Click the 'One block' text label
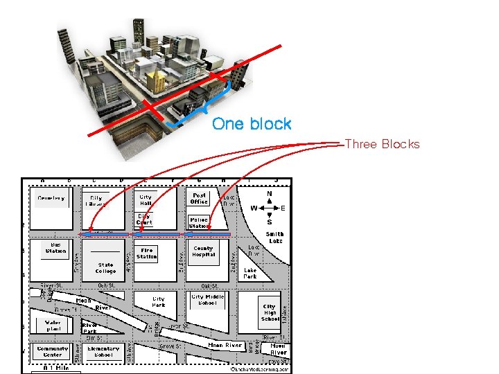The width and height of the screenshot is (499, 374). pyautogui.click(x=252, y=124)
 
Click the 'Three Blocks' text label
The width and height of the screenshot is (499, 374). pyautogui.click(x=382, y=144)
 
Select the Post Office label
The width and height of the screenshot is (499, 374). pyautogui.click(x=200, y=198)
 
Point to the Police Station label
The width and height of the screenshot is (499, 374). pyautogui.click(x=199, y=222)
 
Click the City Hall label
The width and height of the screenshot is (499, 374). pyautogui.click(x=146, y=199)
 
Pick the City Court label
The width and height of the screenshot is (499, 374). pyautogui.click(x=144, y=219)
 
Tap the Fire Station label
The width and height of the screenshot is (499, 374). pyautogui.click(x=147, y=253)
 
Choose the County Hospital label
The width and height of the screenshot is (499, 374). pyautogui.click(x=204, y=251)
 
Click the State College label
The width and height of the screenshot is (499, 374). pyautogui.click(x=106, y=268)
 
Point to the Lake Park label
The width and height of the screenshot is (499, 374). pyautogui.click(x=250, y=273)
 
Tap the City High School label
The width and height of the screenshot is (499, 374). pyautogui.click(x=270, y=312)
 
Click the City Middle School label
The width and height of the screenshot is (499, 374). pyautogui.click(x=208, y=300)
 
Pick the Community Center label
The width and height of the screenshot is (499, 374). pyautogui.click(x=53, y=352)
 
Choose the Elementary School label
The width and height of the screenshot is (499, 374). pyautogui.click(x=103, y=352)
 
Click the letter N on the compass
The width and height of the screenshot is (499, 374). pyautogui.click(x=270, y=194)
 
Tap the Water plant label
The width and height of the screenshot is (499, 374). pyautogui.click(x=53, y=326)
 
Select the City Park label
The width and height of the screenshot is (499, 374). pyautogui.click(x=159, y=302)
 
